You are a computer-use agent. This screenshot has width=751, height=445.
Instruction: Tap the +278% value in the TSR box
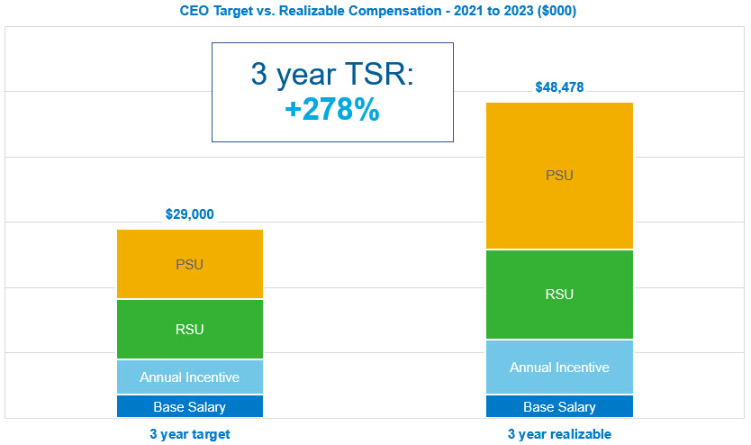[332, 110]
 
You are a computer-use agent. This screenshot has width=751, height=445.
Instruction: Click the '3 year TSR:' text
[332, 74]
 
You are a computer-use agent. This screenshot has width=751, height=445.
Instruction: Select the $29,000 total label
[190, 214]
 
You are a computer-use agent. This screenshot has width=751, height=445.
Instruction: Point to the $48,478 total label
[559, 87]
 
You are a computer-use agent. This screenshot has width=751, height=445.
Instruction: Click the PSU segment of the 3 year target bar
[190, 264]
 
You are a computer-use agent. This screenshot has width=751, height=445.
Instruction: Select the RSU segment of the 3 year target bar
[190, 329]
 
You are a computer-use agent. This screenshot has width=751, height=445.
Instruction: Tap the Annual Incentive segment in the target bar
[190, 377]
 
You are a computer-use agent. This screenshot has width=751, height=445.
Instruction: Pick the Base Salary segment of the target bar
[190, 406]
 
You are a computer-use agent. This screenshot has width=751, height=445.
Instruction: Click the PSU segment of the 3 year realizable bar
[559, 176]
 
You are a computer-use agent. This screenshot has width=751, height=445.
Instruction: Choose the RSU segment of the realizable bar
[559, 295]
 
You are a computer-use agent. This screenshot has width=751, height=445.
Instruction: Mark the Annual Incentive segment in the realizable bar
[559, 368]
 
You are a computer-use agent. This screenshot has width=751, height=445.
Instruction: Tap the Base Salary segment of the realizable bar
[559, 406]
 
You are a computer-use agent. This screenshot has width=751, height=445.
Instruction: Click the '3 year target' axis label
[190, 434]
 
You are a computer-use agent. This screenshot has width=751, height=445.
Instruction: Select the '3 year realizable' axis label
[559, 434]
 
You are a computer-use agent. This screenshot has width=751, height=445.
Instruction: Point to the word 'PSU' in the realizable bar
[559, 176]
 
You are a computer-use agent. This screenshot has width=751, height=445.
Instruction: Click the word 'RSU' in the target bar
[190, 329]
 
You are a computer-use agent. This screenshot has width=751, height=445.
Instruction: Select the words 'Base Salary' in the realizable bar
[559, 407]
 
